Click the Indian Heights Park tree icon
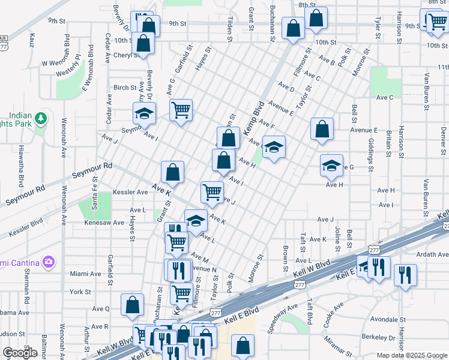coord(41,118)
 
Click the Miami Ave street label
coord(85,274)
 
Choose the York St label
coord(80,292)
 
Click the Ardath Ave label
coord(433,254)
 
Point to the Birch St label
coord(125,88)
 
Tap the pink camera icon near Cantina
coord(49,262)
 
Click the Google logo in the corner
coord(20,353)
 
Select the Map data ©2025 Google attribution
coord(412,355)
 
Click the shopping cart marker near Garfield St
coord(181,110)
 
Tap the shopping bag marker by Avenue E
coord(322,128)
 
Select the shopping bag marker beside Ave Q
coord(132,304)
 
